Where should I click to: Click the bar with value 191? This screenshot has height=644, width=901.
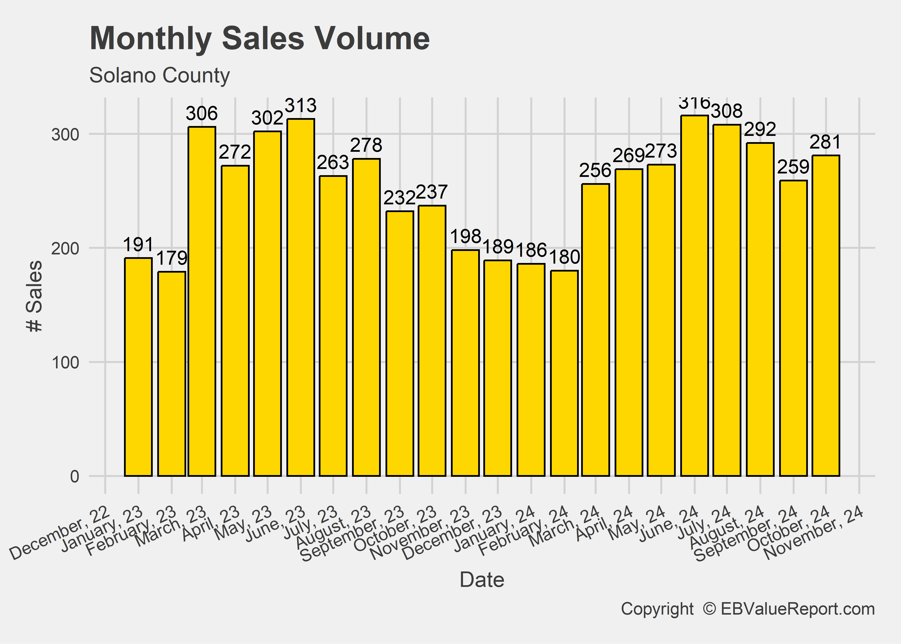coord(138,367)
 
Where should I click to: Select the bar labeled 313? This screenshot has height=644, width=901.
coord(301,297)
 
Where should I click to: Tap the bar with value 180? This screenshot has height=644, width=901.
coord(564,373)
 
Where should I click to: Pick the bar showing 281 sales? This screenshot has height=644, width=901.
coord(826,315)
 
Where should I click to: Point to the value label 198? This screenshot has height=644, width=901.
coord(466,237)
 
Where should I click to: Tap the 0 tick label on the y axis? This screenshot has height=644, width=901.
coord(74,476)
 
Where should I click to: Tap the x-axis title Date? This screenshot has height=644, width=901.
coord(482,580)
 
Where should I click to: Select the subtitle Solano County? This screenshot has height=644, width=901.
coord(159,75)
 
